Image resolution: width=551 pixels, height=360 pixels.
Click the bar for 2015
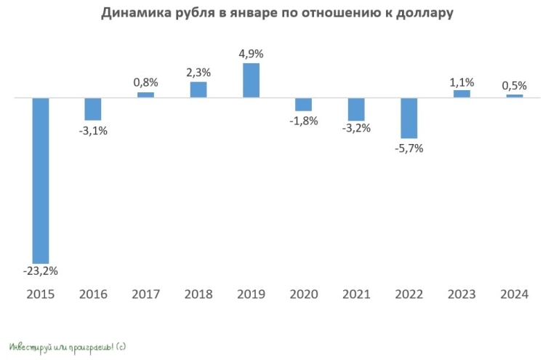pos(41,180)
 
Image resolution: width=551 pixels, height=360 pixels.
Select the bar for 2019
pos(251,80)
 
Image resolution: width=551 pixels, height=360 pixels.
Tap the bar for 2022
pos(409,118)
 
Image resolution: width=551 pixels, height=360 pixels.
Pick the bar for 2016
pos(93,108)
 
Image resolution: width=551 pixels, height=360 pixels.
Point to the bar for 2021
pos(356,109)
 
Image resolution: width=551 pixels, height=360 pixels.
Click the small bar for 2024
pos(515,95)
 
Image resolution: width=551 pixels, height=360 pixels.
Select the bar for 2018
pos(198,89)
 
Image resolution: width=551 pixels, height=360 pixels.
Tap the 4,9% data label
pos(251,53)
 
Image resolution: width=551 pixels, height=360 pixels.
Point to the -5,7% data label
pos(409,148)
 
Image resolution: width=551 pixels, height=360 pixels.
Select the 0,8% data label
pos(145,83)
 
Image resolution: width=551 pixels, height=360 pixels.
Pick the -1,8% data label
pos(304,121)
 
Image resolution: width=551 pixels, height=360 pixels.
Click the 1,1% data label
pos(462,81)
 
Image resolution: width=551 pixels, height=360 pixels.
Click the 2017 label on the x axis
pos(145,295)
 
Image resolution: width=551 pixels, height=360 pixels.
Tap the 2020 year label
pos(304,295)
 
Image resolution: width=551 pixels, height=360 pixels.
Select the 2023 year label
pos(462,295)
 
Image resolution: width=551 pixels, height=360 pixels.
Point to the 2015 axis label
pos(41,295)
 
